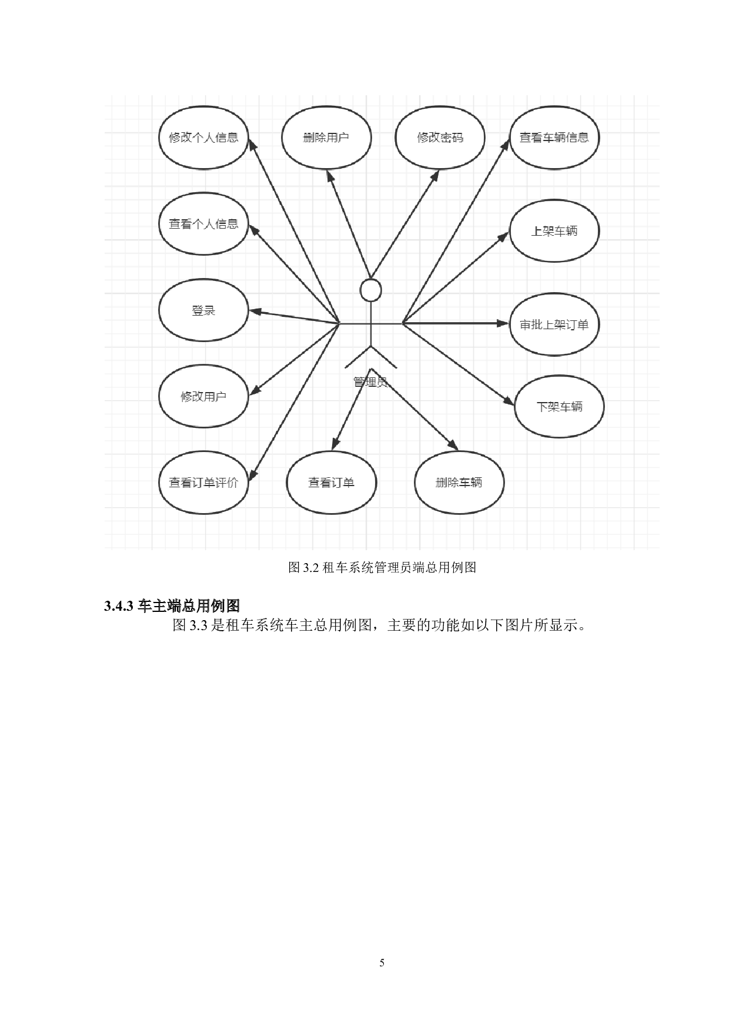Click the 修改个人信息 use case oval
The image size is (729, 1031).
pyautogui.click(x=203, y=138)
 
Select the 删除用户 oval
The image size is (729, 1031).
pyautogui.click(x=326, y=138)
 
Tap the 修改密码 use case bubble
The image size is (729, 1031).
pyautogui.click(x=440, y=138)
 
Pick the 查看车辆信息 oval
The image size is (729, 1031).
pyautogui.click(x=554, y=138)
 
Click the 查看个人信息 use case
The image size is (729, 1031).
pyautogui.click(x=203, y=224)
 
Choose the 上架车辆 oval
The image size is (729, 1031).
pyautogui.click(x=554, y=231)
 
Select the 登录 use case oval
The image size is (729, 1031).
pyautogui.click(x=203, y=310)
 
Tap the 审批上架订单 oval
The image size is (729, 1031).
pyautogui.click(x=554, y=324)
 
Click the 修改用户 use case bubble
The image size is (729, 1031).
pyautogui.click(x=203, y=396)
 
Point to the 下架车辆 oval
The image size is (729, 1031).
pyautogui.click(x=559, y=407)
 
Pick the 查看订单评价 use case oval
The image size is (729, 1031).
pyautogui.click(x=203, y=483)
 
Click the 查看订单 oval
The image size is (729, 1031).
pyautogui.click(x=331, y=483)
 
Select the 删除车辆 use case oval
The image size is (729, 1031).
pyautogui.click(x=459, y=483)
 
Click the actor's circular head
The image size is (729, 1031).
pyautogui.click(x=371, y=290)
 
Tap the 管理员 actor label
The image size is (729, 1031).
pyautogui.click(x=370, y=382)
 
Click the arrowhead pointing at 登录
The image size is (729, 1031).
pyautogui.click(x=255, y=312)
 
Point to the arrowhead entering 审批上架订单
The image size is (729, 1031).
pyautogui.click(x=503, y=323)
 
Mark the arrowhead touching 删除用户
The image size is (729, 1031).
pyautogui.click(x=330, y=175)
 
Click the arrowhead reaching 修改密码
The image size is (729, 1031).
pyautogui.click(x=436, y=175)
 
